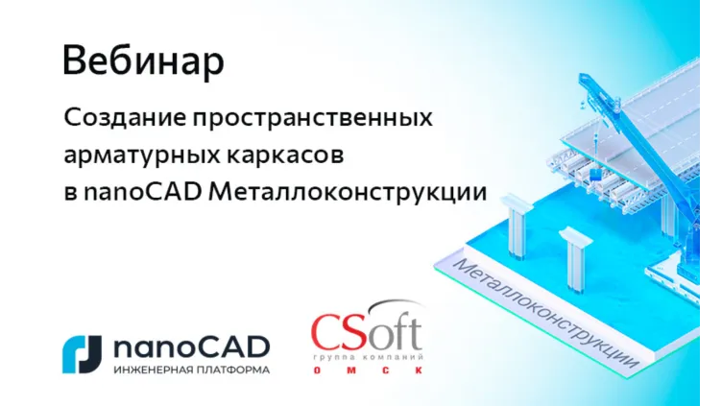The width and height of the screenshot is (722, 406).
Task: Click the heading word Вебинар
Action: click(x=143, y=60)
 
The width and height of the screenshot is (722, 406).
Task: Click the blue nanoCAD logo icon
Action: click(x=81, y=353)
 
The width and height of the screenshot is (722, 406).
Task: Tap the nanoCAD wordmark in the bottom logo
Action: click(x=191, y=346)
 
